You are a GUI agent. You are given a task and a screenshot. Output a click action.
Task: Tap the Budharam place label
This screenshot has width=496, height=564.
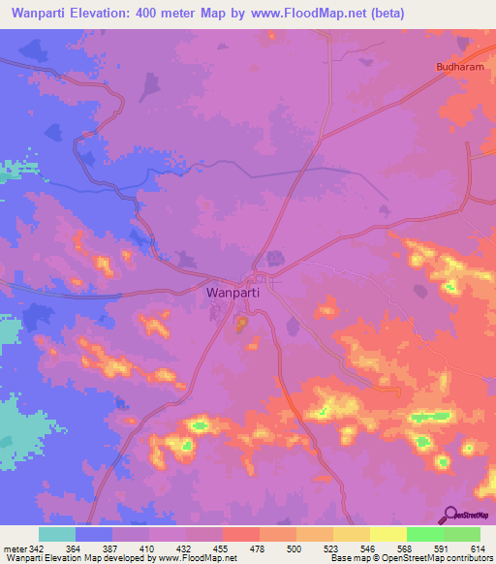(456, 68)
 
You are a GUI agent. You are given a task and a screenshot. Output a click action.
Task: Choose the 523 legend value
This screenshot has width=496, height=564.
(332, 548)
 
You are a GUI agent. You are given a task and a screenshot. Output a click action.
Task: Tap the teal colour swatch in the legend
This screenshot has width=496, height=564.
(57, 534)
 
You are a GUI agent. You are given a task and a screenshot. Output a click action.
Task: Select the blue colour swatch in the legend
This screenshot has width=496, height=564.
(94, 534)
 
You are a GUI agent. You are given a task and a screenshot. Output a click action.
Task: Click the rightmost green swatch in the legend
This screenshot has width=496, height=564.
(462, 534)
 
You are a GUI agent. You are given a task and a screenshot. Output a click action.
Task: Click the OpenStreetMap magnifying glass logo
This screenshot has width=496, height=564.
(450, 516)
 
